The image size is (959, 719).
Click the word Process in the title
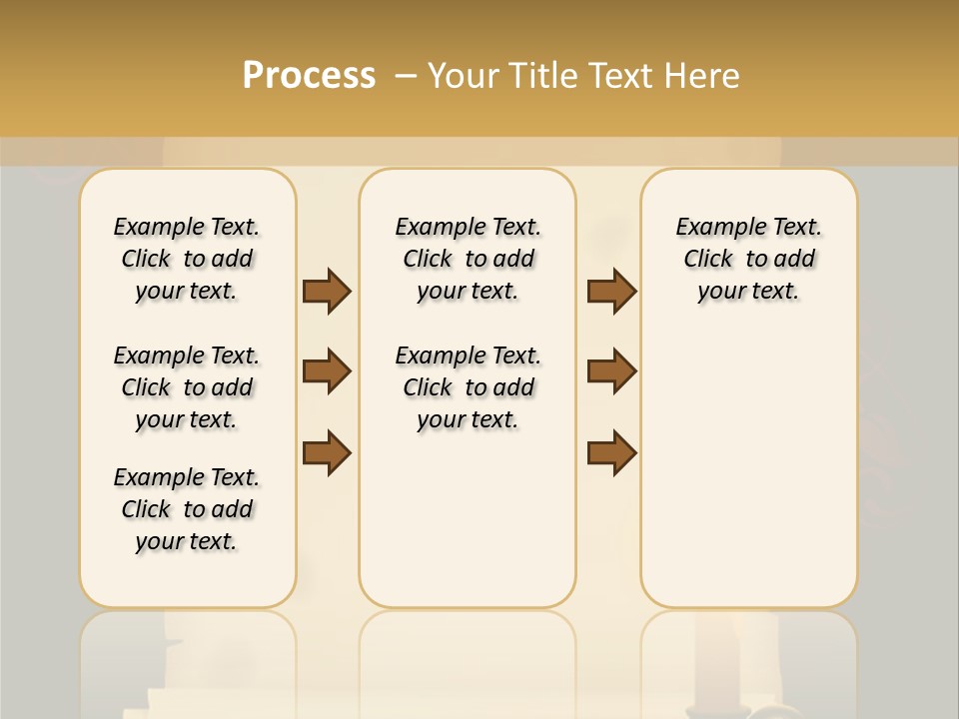[309, 76]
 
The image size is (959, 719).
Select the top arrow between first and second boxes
[327, 291]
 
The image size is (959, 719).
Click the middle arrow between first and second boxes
[327, 371]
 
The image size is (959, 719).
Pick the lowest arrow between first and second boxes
[327, 452]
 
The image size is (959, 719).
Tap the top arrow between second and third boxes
[612, 291]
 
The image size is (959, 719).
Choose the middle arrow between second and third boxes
[612, 371]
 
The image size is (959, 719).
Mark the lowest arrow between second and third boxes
[612, 452]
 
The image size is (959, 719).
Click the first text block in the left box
[187, 259]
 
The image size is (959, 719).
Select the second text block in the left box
[187, 387]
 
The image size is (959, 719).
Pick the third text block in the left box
[187, 509]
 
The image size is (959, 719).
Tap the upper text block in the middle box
[468, 259]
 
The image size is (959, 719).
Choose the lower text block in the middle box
[468, 387]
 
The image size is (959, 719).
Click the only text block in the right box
[749, 259]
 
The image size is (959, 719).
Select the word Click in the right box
[708, 260]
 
